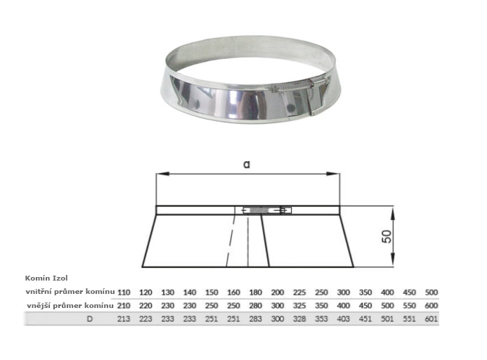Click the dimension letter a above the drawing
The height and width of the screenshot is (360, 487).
pos(247,164)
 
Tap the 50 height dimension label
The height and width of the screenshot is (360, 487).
pos(387,236)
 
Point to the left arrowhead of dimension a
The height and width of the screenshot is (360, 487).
pos(163,174)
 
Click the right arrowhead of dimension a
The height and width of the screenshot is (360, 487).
pos(332,174)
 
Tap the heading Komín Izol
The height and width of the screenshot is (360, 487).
pos(46,278)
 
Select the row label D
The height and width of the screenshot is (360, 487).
pos(90,319)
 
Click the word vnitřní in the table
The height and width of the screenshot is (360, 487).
pos(39,292)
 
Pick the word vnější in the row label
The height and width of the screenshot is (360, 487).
pos(39,305)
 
